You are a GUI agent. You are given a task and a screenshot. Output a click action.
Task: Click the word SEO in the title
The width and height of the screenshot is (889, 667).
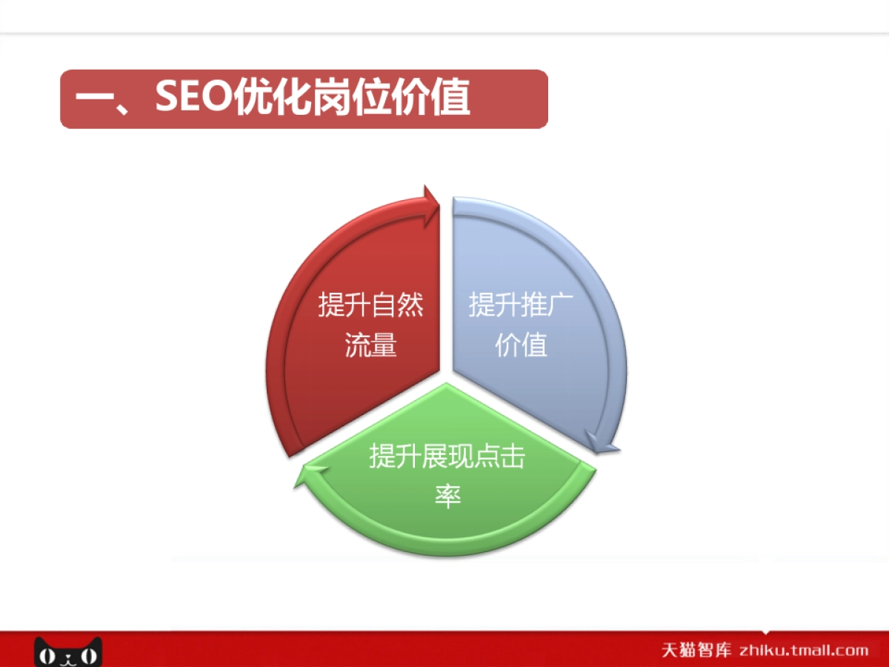tap(194, 98)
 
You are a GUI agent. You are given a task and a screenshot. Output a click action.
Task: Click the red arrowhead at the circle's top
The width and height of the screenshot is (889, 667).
tap(430, 199)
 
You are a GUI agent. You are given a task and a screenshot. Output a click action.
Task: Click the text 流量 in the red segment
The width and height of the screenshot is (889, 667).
tap(370, 345)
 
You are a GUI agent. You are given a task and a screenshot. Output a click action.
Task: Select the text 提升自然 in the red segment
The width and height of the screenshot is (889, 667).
tap(370, 305)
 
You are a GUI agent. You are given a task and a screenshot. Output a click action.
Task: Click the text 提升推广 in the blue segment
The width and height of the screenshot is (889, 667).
tap(522, 305)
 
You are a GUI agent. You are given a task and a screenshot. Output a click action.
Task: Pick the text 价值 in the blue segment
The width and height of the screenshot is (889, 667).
tap(522, 345)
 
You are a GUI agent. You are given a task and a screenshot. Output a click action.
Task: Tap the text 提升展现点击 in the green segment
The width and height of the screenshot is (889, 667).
tap(447, 457)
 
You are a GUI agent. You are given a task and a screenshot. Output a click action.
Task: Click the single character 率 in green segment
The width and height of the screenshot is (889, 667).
tap(447, 496)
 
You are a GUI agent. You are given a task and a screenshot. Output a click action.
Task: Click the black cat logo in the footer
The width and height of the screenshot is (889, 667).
tap(68, 651)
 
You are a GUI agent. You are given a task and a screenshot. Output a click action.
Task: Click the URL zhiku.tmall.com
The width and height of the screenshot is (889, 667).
tap(803, 651)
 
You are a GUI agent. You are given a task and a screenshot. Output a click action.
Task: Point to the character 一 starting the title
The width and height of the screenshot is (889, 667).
tap(93, 99)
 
